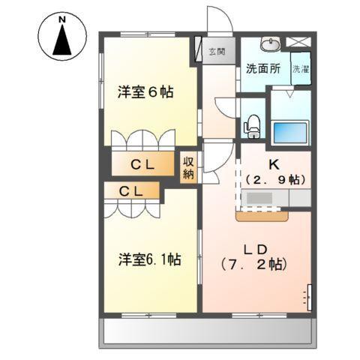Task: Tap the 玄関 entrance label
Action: [217, 52]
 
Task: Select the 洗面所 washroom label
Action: [263, 68]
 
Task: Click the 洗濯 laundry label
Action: [300, 68]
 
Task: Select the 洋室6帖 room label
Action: [145, 92]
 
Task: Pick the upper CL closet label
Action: [143, 164]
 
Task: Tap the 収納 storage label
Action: [188, 166]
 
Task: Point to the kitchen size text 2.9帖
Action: [274, 180]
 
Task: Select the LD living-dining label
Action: [253, 248]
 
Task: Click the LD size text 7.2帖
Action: [253, 264]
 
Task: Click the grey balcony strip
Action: [207, 331]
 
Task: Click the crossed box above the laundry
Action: [300, 42]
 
